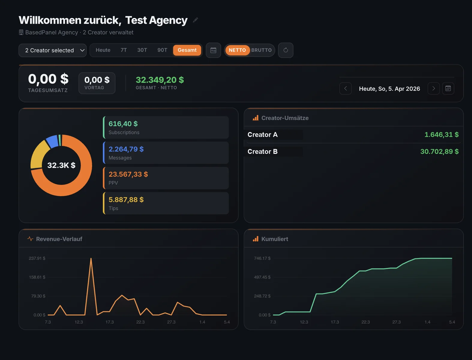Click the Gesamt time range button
click(x=187, y=50)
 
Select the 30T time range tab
click(x=142, y=50)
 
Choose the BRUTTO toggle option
click(x=261, y=50)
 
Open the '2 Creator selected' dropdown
click(x=53, y=50)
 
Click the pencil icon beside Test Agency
click(x=195, y=20)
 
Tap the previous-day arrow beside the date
click(x=345, y=88)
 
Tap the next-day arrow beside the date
click(x=433, y=88)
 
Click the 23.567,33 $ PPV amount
click(x=128, y=174)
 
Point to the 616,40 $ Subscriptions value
click(x=123, y=124)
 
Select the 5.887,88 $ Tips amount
click(x=126, y=200)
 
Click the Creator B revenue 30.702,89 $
click(x=439, y=151)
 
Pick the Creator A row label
click(x=263, y=135)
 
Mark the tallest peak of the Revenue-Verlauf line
click(x=91, y=259)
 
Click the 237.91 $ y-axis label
click(x=37, y=258)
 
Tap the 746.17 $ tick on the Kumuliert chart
click(x=262, y=258)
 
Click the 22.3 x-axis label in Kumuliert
click(x=365, y=322)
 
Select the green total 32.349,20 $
click(x=160, y=80)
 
